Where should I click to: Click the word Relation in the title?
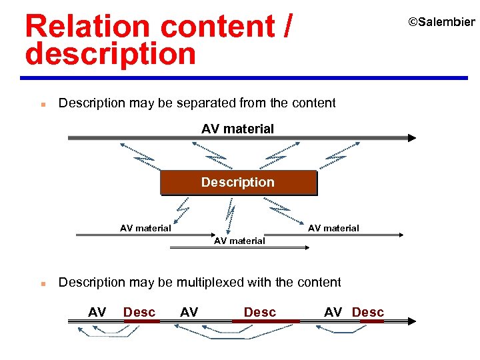[87, 27]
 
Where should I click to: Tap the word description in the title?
[110, 54]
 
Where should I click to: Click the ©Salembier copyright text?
[441, 22]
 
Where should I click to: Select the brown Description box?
[238, 182]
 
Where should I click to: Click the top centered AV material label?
[237, 129]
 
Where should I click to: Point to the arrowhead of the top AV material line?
[412, 138]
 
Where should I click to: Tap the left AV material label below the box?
[145, 228]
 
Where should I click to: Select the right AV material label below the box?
[333, 228]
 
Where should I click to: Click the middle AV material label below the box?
[239, 241]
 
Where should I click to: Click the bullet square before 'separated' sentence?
[41, 105]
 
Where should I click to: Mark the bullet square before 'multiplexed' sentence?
[41, 284]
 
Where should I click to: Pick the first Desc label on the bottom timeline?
[139, 312]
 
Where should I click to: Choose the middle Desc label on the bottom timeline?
[259, 312]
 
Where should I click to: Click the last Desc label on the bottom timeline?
[367, 312]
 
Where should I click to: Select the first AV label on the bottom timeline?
[97, 312]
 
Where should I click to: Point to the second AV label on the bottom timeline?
[189, 312]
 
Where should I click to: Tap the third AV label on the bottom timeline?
[333, 312]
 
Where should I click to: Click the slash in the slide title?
[287, 27]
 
